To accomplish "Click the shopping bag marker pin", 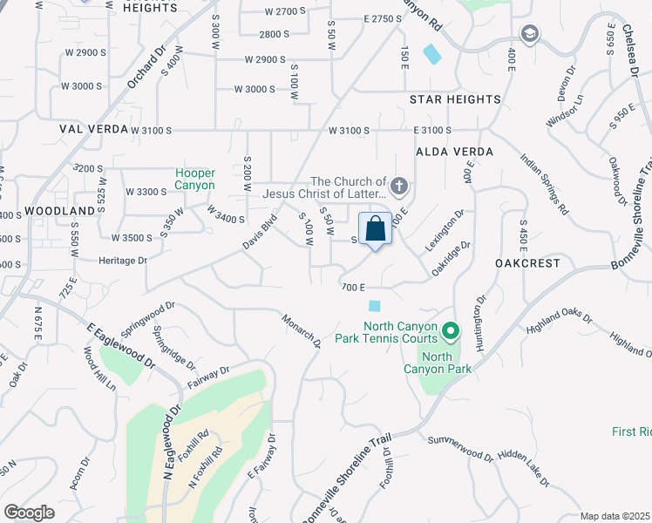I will point(375,230).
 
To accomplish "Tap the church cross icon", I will point(399,185).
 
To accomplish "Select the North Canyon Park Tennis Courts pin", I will point(450,330).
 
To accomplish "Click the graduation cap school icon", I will point(528,34).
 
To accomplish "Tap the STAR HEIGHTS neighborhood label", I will point(455,99).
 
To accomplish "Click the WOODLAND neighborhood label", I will point(59,211).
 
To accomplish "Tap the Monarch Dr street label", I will point(302,330).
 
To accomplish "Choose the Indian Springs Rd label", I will point(543,184).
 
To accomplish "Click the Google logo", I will point(29,513).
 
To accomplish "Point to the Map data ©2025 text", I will point(615,516).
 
